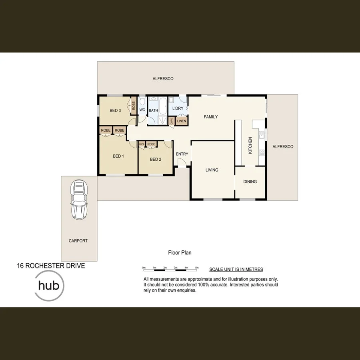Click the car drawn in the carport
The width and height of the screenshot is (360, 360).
point(79,200)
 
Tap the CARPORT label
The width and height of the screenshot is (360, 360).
point(78,241)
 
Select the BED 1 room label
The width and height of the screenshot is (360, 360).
point(118,156)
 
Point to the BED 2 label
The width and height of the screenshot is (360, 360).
point(156,159)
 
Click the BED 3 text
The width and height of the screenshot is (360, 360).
point(115,110)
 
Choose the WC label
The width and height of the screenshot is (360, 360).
point(142,110)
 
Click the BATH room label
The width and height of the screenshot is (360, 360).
point(154,111)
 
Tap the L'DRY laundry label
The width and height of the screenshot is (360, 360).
point(178,109)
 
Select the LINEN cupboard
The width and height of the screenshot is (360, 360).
point(181,121)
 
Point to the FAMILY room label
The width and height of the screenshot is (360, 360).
point(211,117)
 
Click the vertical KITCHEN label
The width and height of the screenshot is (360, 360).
point(250,146)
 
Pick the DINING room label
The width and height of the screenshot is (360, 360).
point(250,182)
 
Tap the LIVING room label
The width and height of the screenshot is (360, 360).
point(212,170)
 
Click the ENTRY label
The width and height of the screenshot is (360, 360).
point(182,154)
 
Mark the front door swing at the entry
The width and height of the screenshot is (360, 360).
point(181,162)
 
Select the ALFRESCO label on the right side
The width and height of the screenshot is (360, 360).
point(283,147)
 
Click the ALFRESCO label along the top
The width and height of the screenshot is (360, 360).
point(163,79)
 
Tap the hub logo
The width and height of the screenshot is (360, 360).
point(49,286)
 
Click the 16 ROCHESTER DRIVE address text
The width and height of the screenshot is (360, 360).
point(51,266)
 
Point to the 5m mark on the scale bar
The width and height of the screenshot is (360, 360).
point(197,267)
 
